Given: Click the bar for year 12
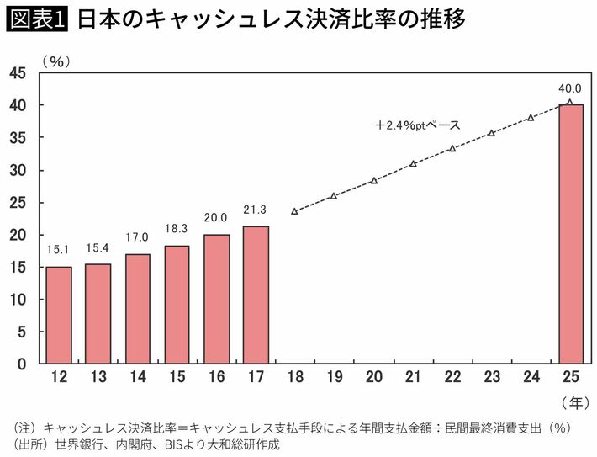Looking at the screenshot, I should tap(59, 315).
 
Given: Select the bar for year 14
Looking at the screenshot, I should tap(138, 309).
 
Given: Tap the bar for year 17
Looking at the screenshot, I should tap(256, 295).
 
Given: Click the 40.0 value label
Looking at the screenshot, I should tap(570, 88).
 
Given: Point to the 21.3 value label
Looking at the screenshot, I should tap(256, 210).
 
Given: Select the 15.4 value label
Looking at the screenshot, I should tap(98, 247).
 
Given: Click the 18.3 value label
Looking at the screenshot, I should tap(177, 229).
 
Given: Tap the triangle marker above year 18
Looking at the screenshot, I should tap(294, 211).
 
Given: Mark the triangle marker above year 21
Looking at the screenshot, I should tap(413, 163).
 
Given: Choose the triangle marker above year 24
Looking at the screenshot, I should tap(531, 117).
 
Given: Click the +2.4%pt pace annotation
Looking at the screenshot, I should tap(418, 125).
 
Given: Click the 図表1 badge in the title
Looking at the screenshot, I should tap(37, 19).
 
